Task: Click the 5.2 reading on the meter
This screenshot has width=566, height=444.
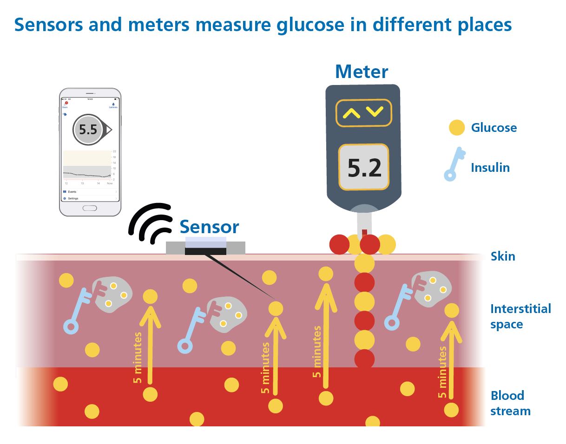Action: pyautogui.click(x=364, y=168)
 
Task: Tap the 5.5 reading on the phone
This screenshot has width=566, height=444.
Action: pyautogui.click(x=88, y=130)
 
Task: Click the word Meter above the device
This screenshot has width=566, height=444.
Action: pyautogui.click(x=361, y=72)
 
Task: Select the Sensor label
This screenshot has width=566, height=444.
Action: pyautogui.click(x=209, y=227)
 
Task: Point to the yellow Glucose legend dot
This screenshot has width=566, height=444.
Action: pyautogui.click(x=457, y=127)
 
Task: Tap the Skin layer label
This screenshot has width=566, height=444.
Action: pyautogui.click(x=503, y=256)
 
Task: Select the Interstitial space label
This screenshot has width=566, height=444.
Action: pyautogui.click(x=520, y=316)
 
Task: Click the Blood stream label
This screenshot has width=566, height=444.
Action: pyautogui.click(x=510, y=403)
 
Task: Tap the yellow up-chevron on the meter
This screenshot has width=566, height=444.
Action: pyautogui.click(x=352, y=112)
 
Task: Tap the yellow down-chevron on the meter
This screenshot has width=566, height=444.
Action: pyautogui.click(x=375, y=112)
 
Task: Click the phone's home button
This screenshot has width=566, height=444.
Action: pyautogui.click(x=90, y=208)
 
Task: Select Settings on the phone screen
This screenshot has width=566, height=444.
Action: pyautogui.click(x=73, y=198)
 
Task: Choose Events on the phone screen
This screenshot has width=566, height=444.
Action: pyautogui.click(x=72, y=191)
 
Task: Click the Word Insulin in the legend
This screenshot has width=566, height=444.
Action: pyautogui.click(x=490, y=168)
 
